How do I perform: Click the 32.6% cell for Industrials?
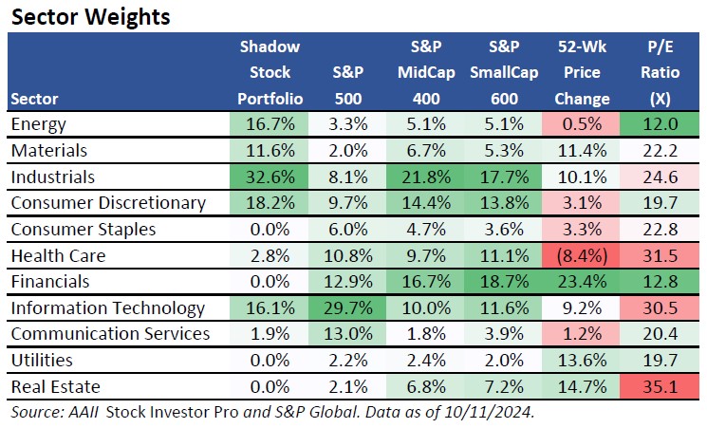pos(269,177)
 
